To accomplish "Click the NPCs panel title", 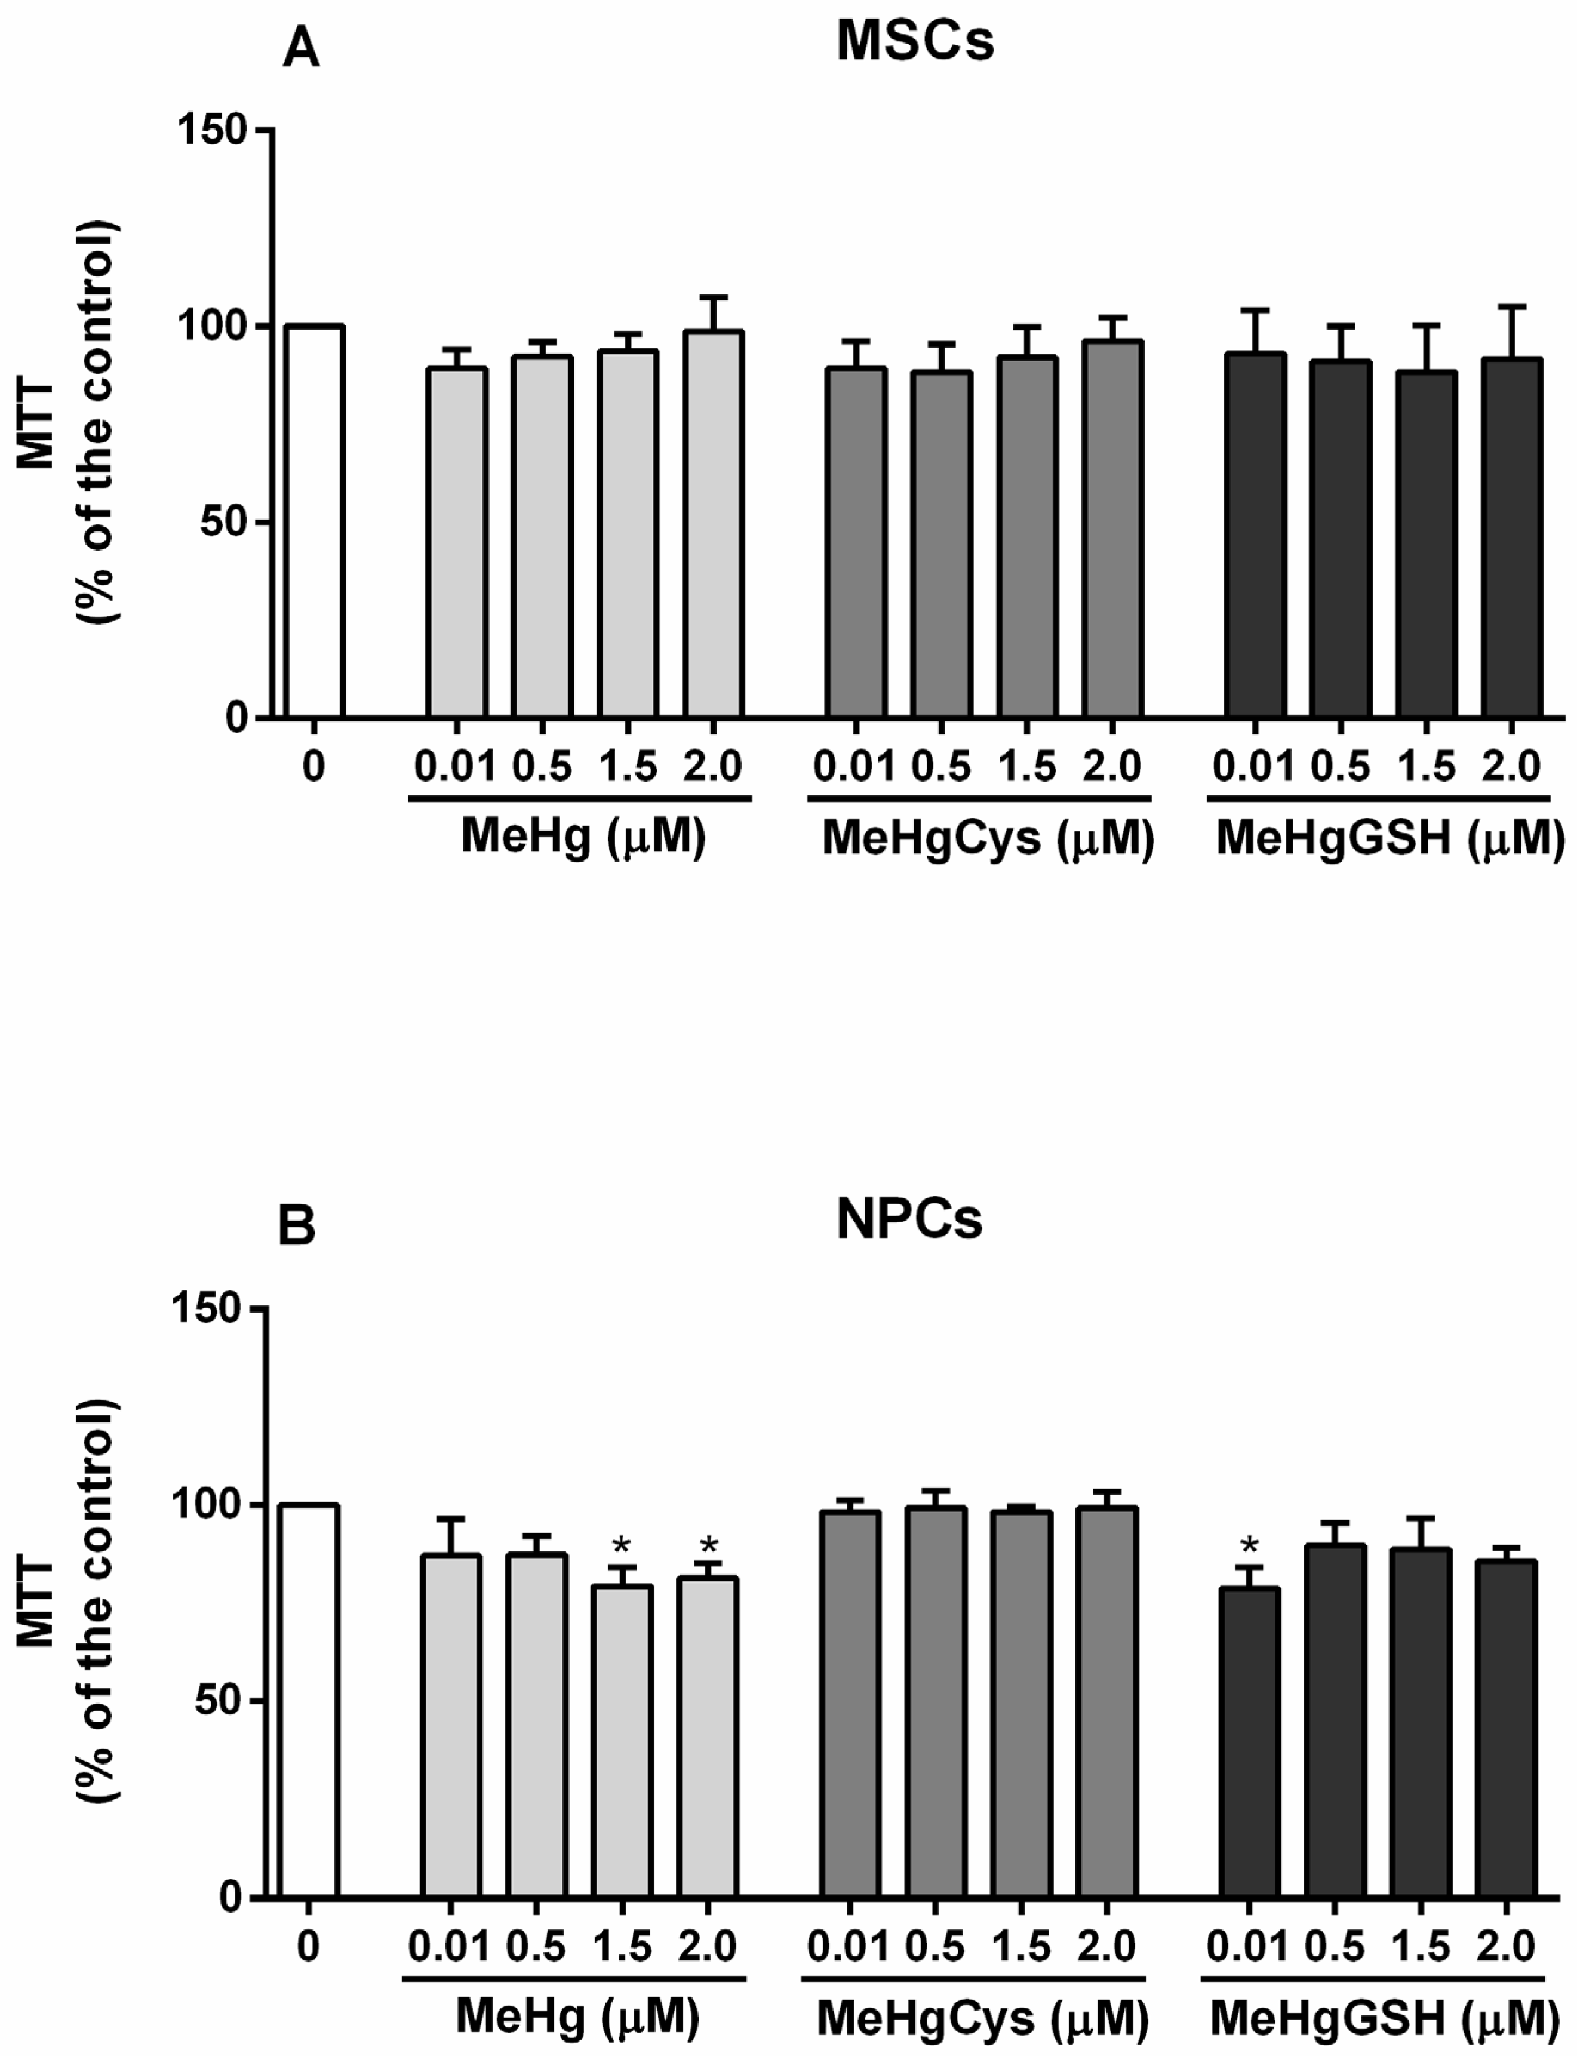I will [909, 1221].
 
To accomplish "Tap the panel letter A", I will [300, 49].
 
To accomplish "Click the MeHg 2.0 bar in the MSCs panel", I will [714, 525].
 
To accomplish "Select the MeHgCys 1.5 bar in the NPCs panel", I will [1021, 1704].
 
